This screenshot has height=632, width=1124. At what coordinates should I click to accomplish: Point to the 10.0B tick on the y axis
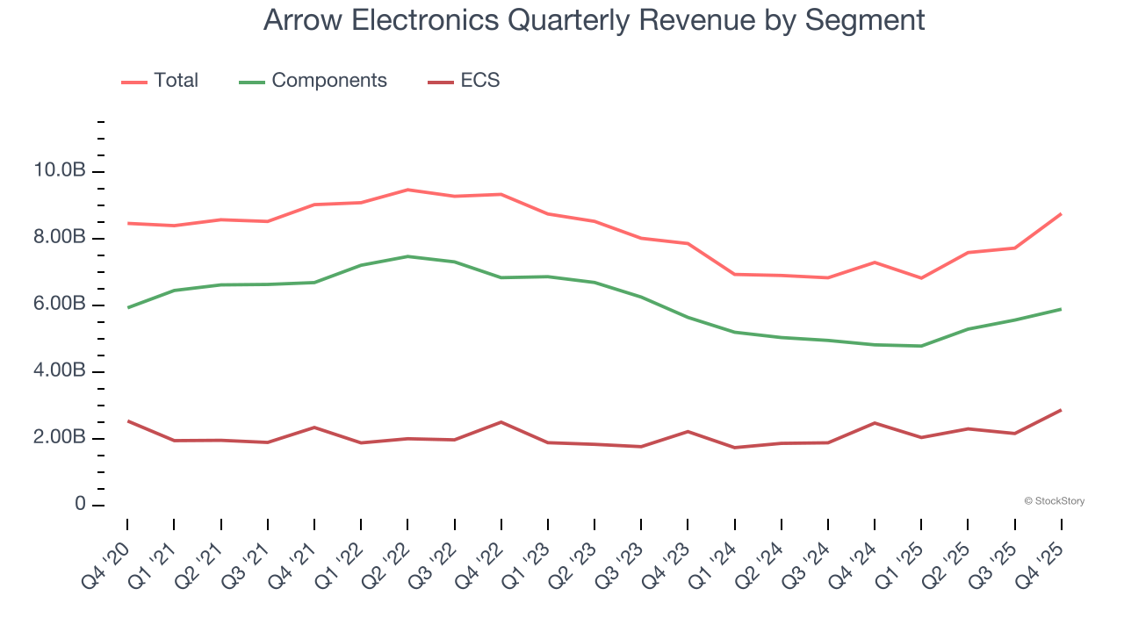[61, 171]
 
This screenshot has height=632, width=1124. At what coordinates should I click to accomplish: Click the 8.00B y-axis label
[61, 238]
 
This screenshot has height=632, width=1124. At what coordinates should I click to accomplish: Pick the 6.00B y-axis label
[61, 305]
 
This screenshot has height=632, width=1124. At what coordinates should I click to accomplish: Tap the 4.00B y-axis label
[61, 371]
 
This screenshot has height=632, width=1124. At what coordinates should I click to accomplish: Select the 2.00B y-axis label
[61, 438]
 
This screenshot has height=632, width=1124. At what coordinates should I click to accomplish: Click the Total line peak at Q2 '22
[407, 190]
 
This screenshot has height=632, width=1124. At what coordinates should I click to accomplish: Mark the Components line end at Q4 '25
[1061, 309]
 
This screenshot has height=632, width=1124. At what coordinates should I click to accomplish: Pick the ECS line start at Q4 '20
[128, 421]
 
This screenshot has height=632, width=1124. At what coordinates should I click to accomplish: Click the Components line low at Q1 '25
[921, 346]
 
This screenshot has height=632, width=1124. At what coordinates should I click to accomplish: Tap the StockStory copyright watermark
[1054, 501]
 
